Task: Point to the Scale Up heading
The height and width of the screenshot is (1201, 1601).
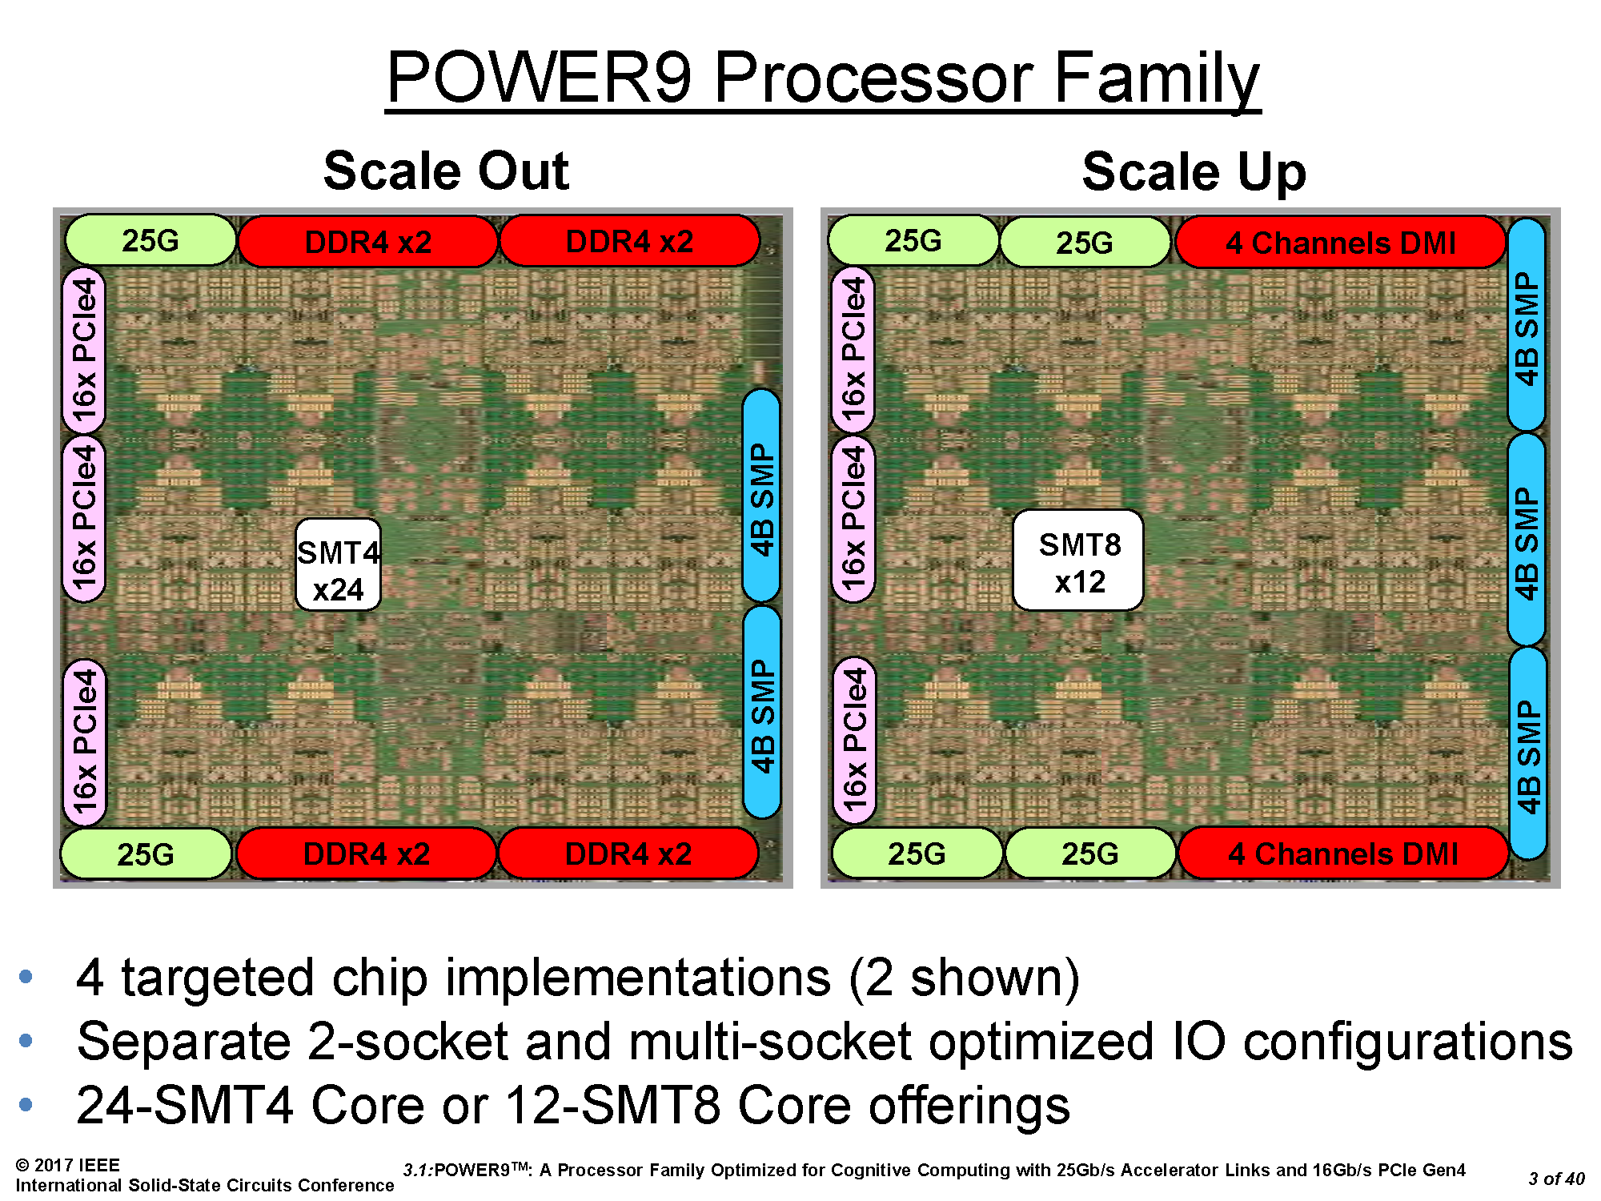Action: [1194, 172]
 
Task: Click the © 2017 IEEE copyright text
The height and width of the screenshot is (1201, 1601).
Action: [68, 1165]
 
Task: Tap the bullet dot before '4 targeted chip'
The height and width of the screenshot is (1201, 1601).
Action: [26, 977]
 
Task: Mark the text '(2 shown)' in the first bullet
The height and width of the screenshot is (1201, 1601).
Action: [965, 978]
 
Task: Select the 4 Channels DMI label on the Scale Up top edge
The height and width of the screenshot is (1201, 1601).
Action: [1341, 243]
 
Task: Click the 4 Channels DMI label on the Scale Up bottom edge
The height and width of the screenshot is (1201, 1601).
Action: [1343, 854]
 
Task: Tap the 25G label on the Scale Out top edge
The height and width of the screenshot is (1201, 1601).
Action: [150, 240]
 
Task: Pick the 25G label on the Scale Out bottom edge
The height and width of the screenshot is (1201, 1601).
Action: [146, 854]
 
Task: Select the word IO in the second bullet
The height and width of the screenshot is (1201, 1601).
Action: [1198, 1042]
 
